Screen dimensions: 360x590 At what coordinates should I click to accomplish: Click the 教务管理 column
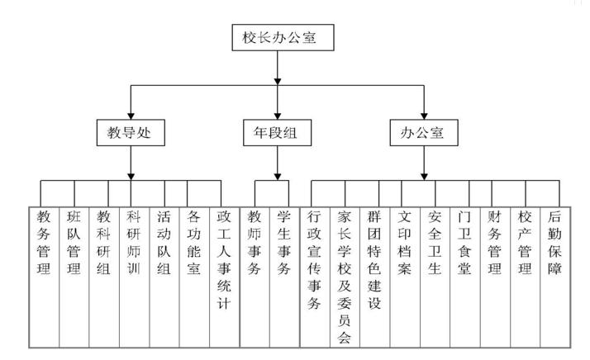click(44, 244)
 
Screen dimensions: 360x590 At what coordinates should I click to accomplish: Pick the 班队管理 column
click(74, 244)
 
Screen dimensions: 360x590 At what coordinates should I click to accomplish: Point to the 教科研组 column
click(103, 244)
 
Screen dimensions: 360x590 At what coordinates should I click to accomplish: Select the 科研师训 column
click(133, 244)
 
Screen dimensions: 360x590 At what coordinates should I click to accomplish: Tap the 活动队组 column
click(164, 244)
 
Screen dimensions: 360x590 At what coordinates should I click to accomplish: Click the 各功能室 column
click(193, 244)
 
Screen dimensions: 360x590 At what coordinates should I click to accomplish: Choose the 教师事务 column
click(255, 244)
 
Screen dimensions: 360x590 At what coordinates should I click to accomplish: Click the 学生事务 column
click(284, 244)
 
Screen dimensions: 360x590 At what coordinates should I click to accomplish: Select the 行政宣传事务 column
click(314, 260)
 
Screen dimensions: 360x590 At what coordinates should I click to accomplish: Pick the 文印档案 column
click(405, 244)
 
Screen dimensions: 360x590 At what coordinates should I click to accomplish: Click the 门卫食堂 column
click(464, 244)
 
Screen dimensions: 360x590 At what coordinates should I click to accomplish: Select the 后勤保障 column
click(554, 244)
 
